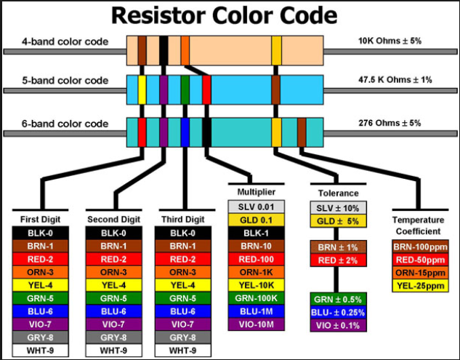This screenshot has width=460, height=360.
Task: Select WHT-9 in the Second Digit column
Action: (x=113, y=351)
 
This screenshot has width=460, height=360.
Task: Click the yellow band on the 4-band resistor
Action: (x=276, y=51)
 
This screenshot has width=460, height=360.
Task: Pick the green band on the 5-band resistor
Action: (x=185, y=90)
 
